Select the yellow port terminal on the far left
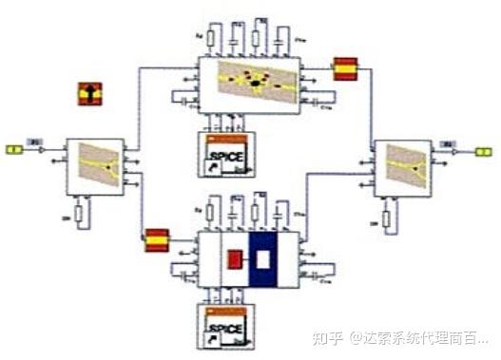[15, 149]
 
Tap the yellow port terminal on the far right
[483, 150]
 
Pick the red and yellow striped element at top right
[344, 69]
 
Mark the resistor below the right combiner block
[386, 218]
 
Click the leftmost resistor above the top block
[211, 39]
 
